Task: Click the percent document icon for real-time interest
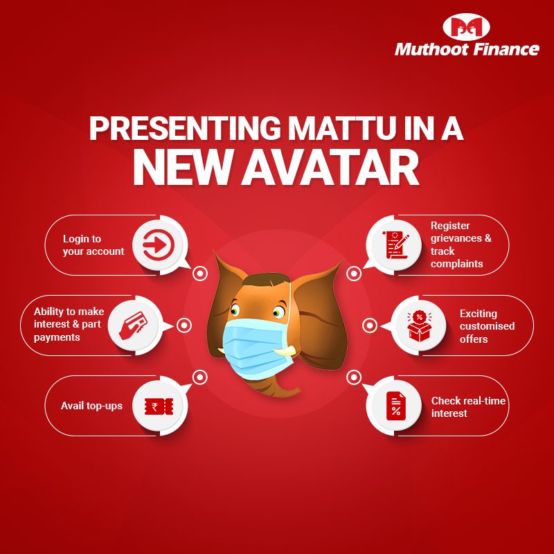tap(395, 406)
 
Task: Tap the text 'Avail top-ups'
tap(92, 406)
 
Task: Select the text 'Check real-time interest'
tap(468, 407)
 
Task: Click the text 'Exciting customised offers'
tap(487, 326)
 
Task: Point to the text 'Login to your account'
tap(93, 245)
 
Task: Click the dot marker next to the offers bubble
tap(369, 325)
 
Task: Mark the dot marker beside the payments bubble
tap(184, 325)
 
